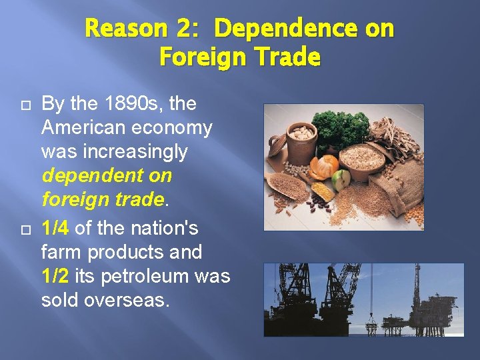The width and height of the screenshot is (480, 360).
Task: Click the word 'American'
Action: tap(87, 127)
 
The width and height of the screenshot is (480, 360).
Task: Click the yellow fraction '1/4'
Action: tap(55, 229)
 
